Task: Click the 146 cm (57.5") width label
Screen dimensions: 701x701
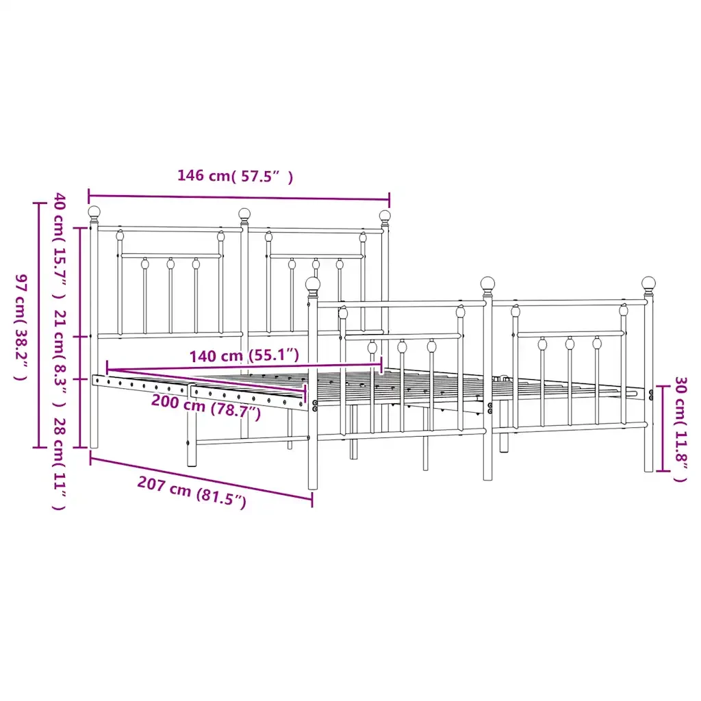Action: (x=235, y=176)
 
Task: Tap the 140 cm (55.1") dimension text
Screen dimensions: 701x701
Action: (x=244, y=356)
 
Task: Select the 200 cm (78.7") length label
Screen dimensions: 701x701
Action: (x=206, y=406)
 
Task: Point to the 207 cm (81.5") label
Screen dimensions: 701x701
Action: (x=192, y=492)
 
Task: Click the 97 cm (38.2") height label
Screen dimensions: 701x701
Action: (x=21, y=327)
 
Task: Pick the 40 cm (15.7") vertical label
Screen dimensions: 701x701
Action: (x=60, y=246)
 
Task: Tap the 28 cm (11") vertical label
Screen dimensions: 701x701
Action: (x=60, y=463)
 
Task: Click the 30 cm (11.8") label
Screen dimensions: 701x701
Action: (x=680, y=429)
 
